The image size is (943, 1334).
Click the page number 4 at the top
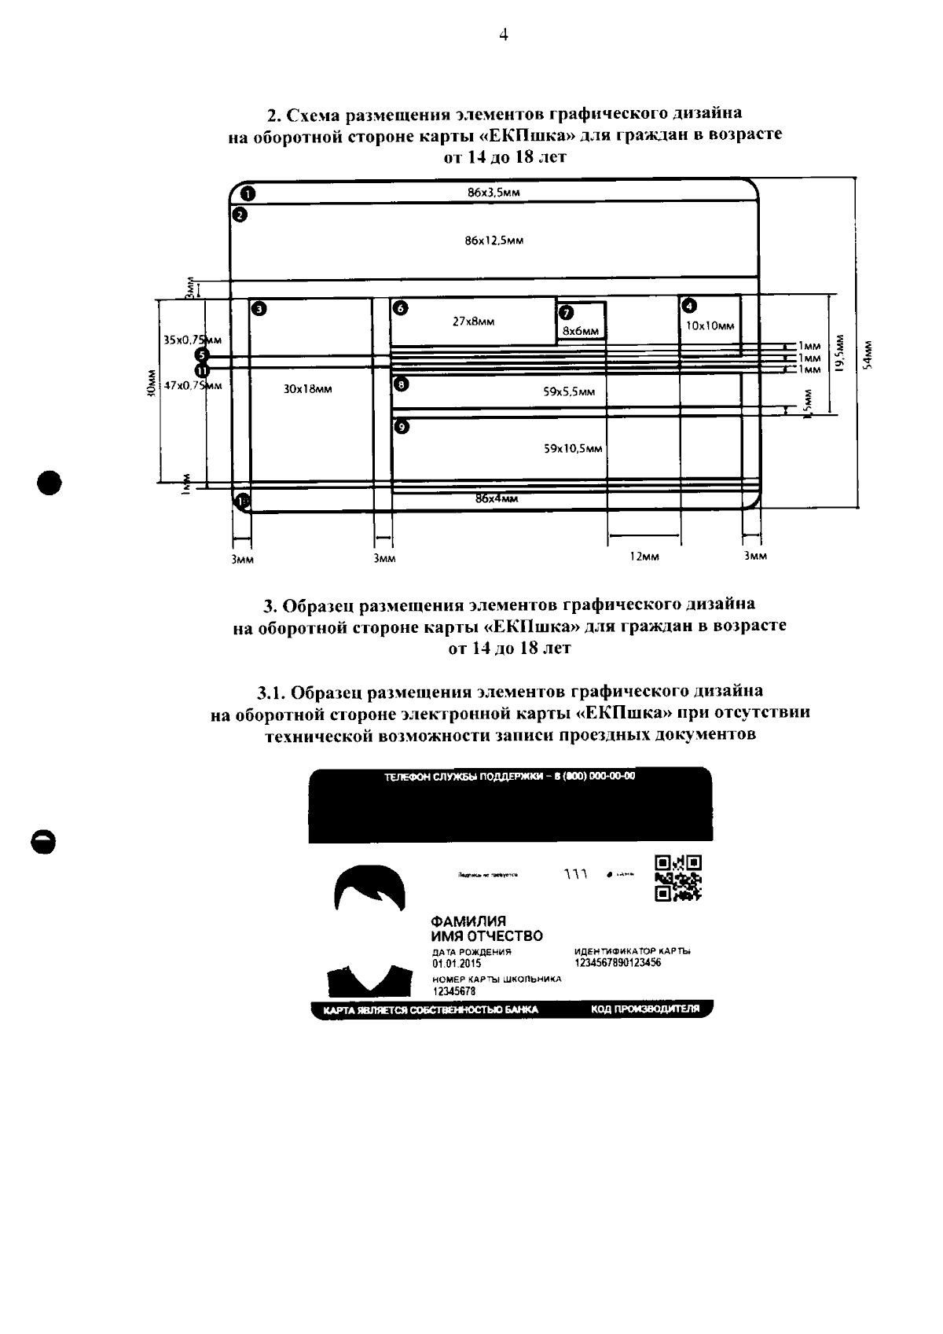pos(503,34)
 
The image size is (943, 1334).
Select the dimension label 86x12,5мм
pos(494,241)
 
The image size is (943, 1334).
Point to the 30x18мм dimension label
pos(307,389)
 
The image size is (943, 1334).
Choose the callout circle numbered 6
pos(401,308)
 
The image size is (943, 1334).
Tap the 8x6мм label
pos(581,332)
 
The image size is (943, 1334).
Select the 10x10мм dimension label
pos(710,325)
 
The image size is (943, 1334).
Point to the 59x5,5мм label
pos(569,391)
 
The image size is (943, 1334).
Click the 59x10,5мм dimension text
pos(573,449)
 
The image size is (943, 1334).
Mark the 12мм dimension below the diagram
pos(644,557)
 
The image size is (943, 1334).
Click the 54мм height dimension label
pos(866,354)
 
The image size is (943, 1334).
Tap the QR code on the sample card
pos(677,876)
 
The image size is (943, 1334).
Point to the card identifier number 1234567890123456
pos(618,962)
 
